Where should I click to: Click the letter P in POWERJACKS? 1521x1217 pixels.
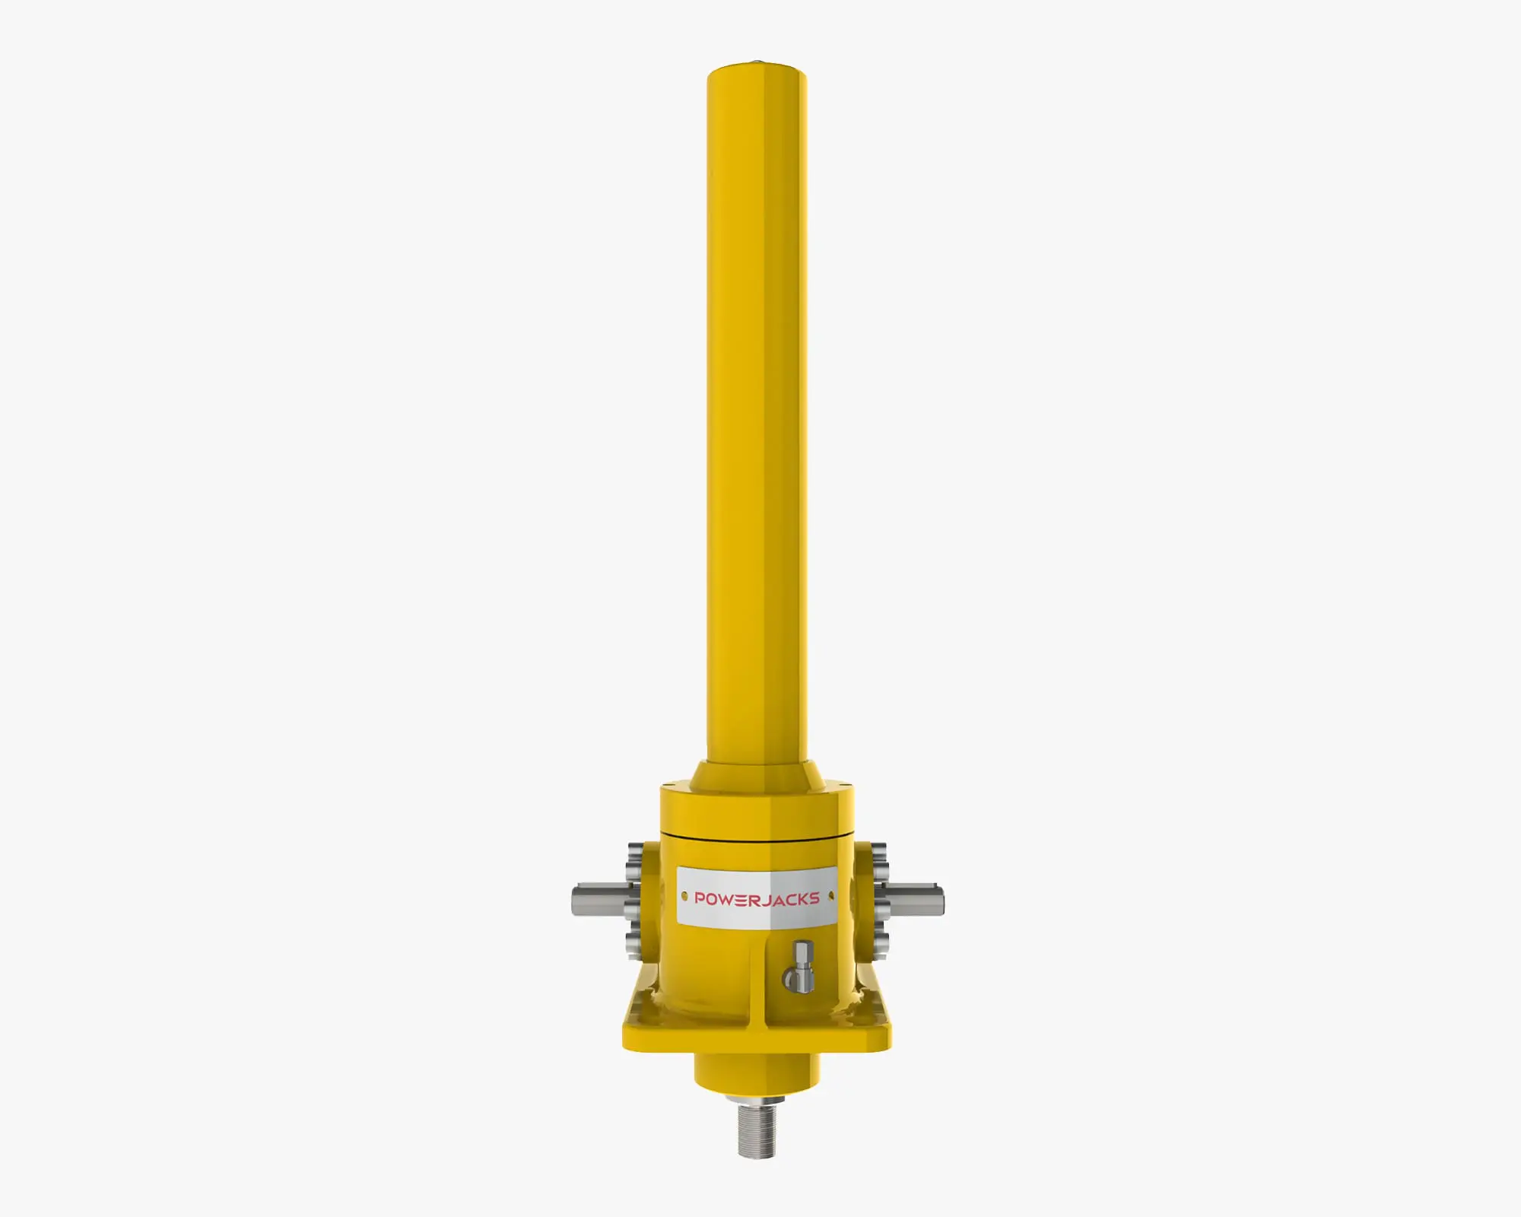tap(700, 898)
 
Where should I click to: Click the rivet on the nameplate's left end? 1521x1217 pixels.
tap(684, 897)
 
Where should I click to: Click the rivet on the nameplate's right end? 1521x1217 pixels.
tap(830, 896)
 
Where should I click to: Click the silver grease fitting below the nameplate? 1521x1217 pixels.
tap(801, 968)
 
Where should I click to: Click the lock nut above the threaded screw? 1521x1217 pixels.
tap(757, 1100)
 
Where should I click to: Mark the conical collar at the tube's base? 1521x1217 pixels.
tap(757, 772)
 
